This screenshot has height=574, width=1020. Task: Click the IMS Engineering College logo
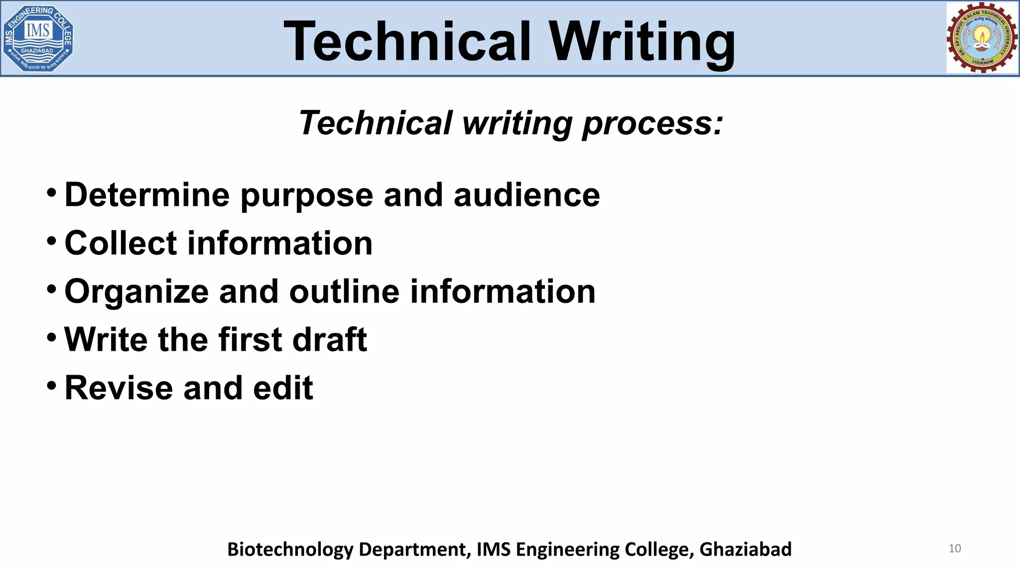(38, 38)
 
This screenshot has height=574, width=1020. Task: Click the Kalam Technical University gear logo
(982, 38)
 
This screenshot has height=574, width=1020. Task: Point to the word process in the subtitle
(652, 124)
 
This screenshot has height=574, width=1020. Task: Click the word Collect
(121, 243)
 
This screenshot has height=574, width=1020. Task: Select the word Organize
(136, 292)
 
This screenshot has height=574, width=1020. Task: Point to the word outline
(344, 291)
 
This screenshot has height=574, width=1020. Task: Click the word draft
(330, 340)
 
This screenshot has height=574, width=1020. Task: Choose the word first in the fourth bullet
(250, 340)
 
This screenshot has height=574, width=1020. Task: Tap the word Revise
(119, 388)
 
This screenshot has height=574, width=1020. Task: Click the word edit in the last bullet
(283, 388)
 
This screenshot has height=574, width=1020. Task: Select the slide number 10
(954, 549)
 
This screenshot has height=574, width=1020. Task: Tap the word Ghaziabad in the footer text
(745, 549)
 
